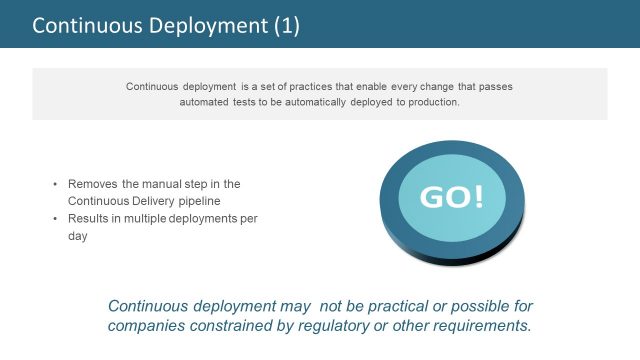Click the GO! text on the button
tap(451, 196)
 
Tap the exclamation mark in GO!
tap(477, 196)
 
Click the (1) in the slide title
tap(286, 25)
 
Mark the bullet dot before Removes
tap(55, 185)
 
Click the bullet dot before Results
tap(55, 219)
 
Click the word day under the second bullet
tap(78, 236)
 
